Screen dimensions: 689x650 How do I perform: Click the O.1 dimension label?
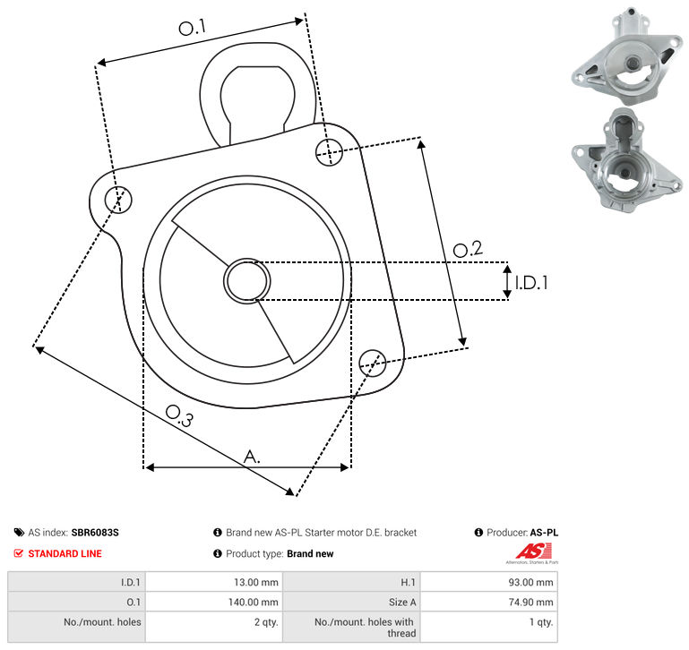pos(192,28)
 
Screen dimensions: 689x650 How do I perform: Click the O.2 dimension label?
pos(468,249)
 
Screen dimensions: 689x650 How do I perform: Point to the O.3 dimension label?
pos(179,415)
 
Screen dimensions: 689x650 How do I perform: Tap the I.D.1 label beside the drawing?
pos(531,283)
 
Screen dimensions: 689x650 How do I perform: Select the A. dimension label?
pos(252,457)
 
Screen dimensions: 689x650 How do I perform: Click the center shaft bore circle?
pos(247,281)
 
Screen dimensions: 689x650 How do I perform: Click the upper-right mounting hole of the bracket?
pos(329,152)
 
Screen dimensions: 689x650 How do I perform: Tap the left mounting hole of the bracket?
pos(118,200)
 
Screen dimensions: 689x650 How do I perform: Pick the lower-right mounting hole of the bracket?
pos(373,363)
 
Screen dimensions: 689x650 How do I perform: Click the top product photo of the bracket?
pos(627,56)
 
